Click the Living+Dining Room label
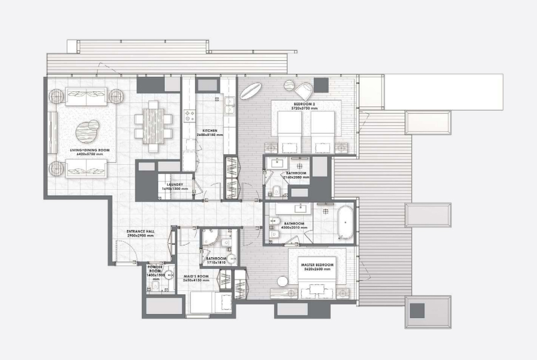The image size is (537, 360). pos(83,151)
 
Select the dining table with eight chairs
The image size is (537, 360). pos(153,125)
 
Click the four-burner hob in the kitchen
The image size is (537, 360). pos(191,115)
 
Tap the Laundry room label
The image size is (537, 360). pos(174,184)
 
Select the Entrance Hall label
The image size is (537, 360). pos(141,232)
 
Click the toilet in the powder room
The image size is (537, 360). pos(154,287)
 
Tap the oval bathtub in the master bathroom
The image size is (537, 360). pos(344,223)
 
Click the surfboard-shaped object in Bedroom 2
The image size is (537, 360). pos(251,92)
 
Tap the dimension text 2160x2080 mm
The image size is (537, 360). pos(294,177)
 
